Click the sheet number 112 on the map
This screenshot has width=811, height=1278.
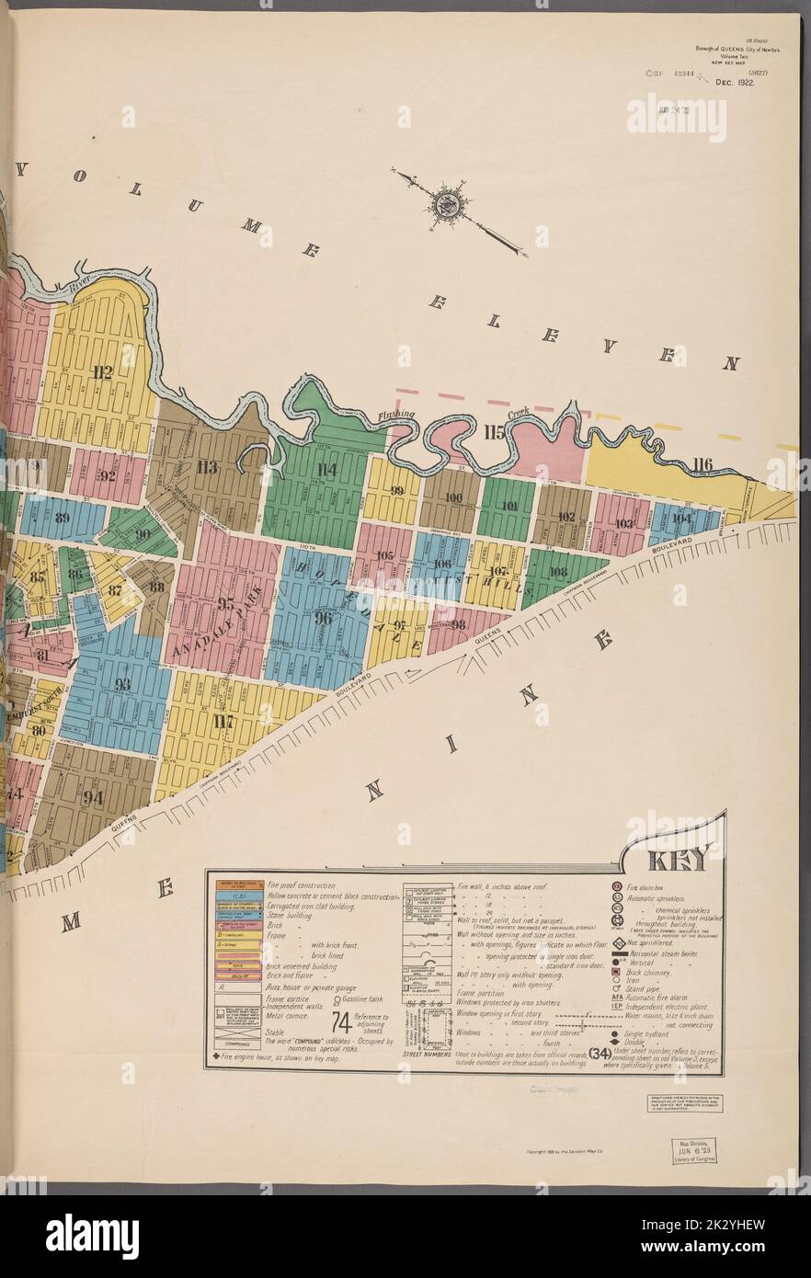(x=102, y=372)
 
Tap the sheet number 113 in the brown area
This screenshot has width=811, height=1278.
(x=207, y=466)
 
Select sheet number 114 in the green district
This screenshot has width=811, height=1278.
(x=327, y=471)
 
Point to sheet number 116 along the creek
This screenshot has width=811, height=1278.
(x=703, y=464)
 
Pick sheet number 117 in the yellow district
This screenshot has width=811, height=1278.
(x=222, y=721)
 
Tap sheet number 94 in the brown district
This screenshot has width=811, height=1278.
(x=94, y=797)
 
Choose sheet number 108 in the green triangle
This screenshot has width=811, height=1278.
(x=557, y=570)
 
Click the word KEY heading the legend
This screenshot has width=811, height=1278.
(x=678, y=861)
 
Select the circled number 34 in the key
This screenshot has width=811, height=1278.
(x=600, y=1054)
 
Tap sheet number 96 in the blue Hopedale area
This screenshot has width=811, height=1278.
(x=323, y=619)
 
